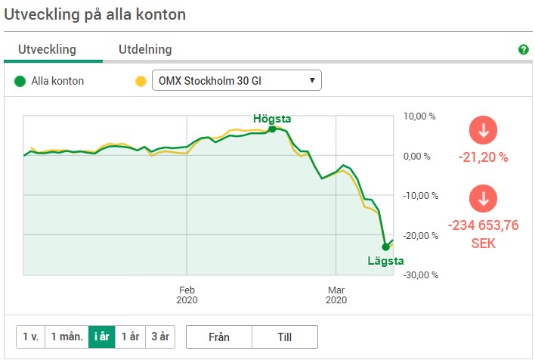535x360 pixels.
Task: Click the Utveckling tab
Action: coord(48,50)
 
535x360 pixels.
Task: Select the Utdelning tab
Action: coord(145,50)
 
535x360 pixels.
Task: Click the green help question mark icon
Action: coord(523,50)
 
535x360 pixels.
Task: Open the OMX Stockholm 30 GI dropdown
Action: coord(237,81)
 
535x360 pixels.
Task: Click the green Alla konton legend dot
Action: coord(20,81)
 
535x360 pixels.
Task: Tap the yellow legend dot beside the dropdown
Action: coord(140,81)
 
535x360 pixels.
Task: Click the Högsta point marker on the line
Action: coord(272,129)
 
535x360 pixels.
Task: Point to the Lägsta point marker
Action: coord(385,247)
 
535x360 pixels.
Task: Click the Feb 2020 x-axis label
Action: coord(187,295)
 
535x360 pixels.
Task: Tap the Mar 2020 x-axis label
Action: coord(336,295)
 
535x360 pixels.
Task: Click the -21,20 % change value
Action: coord(483,158)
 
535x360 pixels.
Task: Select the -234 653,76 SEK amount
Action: coord(483,234)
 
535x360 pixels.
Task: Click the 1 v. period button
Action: coord(30,337)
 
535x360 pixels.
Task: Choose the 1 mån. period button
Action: coord(66,337)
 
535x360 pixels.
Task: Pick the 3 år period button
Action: coord(160,337)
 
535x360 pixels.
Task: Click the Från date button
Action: coord(218,337)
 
